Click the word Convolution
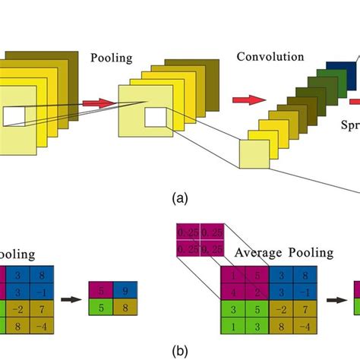click(x=270, y=57)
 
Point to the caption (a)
click(x=179, y=198)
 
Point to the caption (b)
click(x=179, y=352)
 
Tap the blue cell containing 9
click(x=125, y=290)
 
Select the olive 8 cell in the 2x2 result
click(x=125, y=307)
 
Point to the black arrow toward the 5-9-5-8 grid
click(x=71, y=299)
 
